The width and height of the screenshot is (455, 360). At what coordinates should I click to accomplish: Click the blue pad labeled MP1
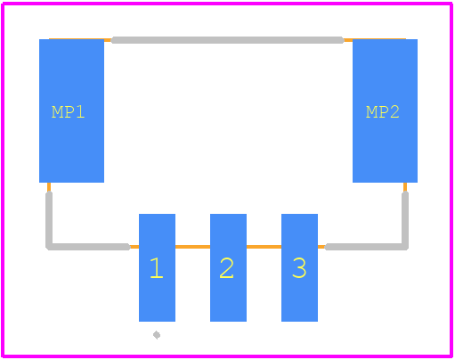[x=71, y=110]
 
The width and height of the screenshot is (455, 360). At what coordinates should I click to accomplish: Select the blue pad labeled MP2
[x=385, y=110]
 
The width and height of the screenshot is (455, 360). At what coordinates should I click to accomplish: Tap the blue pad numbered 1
[x=157, y=267]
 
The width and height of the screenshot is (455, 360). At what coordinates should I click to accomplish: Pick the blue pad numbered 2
[x=228, y=267]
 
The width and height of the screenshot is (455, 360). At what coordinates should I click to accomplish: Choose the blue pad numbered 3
[x=299, y=267]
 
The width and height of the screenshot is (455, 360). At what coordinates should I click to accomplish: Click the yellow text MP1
[x=68, y=112]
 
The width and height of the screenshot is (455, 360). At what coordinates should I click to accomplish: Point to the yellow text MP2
[x=383, y=112]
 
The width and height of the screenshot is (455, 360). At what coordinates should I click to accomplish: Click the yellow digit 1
[x=157, y=268]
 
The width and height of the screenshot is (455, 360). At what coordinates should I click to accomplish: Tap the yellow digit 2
[x=227, y=268]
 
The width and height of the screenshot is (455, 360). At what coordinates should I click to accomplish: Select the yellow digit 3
[x=299, y=268]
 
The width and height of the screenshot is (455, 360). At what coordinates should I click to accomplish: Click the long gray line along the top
[x=228, y=40]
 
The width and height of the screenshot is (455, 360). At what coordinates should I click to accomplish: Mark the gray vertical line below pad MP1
[x=49, y=219]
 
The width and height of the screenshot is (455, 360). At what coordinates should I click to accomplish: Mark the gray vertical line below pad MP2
[x=405, y=219]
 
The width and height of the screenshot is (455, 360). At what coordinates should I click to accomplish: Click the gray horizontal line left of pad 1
[x=89, y=247]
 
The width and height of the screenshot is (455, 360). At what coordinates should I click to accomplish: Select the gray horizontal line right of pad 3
[x=366, y=247]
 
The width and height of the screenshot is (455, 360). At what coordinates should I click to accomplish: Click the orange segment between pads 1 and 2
[x=192, y=247]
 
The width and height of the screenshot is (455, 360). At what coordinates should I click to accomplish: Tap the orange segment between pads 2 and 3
[x=264, y=247]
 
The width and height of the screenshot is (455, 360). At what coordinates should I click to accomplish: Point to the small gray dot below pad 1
[x=157, y=335]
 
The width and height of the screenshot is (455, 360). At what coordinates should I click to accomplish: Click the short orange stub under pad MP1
[x=49, y=187]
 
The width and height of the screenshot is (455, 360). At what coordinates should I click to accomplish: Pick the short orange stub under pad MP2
[x=405, y=187]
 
